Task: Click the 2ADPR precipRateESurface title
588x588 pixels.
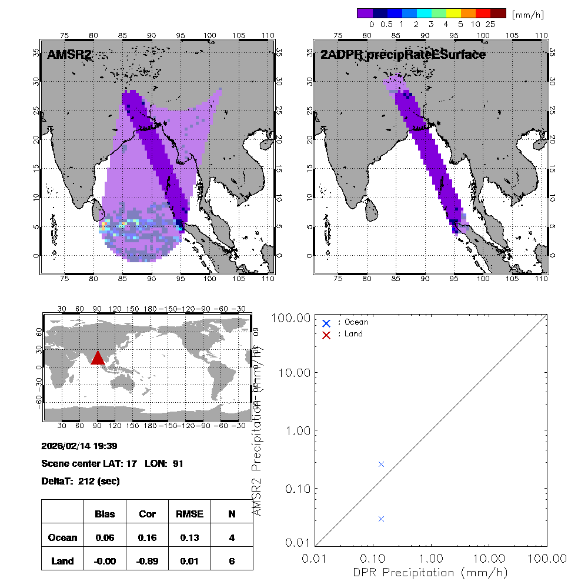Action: [x=403, y=55]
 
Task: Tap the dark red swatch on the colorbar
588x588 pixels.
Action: [x=498, y=13]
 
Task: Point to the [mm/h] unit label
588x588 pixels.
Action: [x=527, y=14]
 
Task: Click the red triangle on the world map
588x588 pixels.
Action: [x=97, y=358]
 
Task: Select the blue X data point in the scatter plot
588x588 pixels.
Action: [x=381, y=519]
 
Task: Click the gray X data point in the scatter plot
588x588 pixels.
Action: [x=381, y=464]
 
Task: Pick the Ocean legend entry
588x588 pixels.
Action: [x=352, y=322]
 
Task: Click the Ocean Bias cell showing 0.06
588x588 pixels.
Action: [x=105, y=537]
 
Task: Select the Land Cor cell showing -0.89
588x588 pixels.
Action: [x=147, y=561]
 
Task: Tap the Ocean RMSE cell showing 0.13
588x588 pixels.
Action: [x=189, y=537]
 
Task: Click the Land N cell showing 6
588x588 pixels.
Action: [x=232, y=561]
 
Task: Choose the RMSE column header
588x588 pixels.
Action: [x=189, y=514]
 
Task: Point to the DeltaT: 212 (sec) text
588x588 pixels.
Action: [x=81, y=481]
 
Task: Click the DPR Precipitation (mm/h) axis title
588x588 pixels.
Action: [x=430, y=572]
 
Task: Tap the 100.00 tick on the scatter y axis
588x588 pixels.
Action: [x=294, y=318]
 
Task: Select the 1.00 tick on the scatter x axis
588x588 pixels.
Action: [x=431, y=557]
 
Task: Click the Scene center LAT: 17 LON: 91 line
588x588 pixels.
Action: [x=112, y=463]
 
